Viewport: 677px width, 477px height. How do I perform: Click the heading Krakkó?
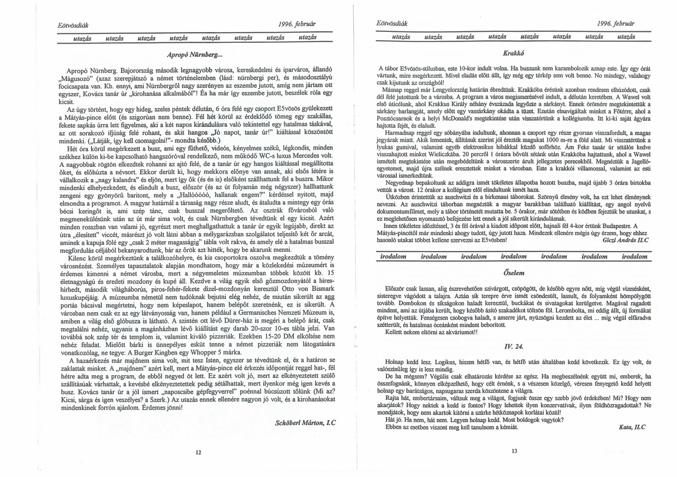(x=512, y=53)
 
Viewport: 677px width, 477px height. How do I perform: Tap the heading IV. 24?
(x=512, y=347)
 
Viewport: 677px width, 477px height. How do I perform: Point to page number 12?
(x=198, y=452)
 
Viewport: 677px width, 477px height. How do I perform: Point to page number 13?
(x=514, y=451)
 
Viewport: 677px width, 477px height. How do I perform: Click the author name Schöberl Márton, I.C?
(x=306, y=422)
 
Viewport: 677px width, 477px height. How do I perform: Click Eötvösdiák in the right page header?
(x=391, y=23)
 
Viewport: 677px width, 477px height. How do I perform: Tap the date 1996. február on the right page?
(x=617, y=23)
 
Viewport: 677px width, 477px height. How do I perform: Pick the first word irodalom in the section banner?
(x=393, y=257)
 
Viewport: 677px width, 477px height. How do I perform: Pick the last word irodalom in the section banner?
(x=634, y=257)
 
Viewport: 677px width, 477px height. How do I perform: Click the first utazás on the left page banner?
(x=82, y=39)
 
